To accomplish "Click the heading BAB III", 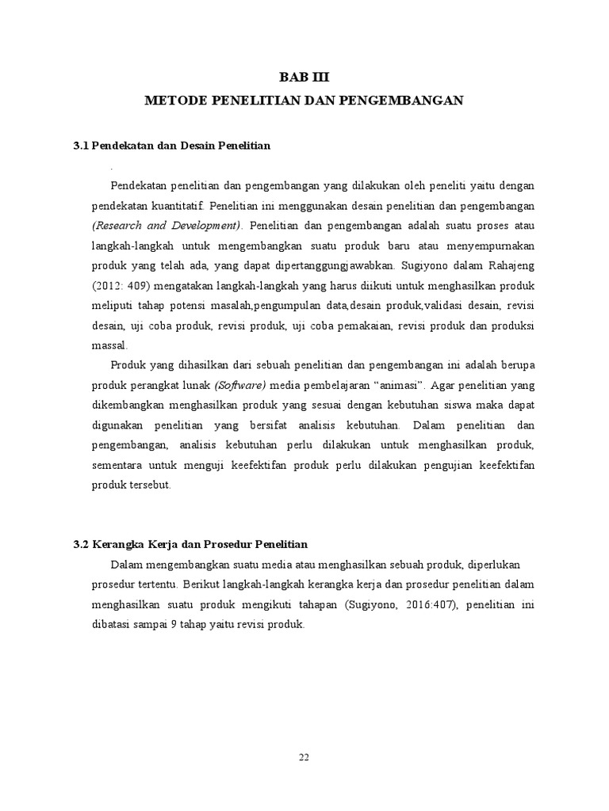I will (304, 78).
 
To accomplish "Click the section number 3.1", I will (81, 146).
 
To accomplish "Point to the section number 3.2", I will (81, 545).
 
